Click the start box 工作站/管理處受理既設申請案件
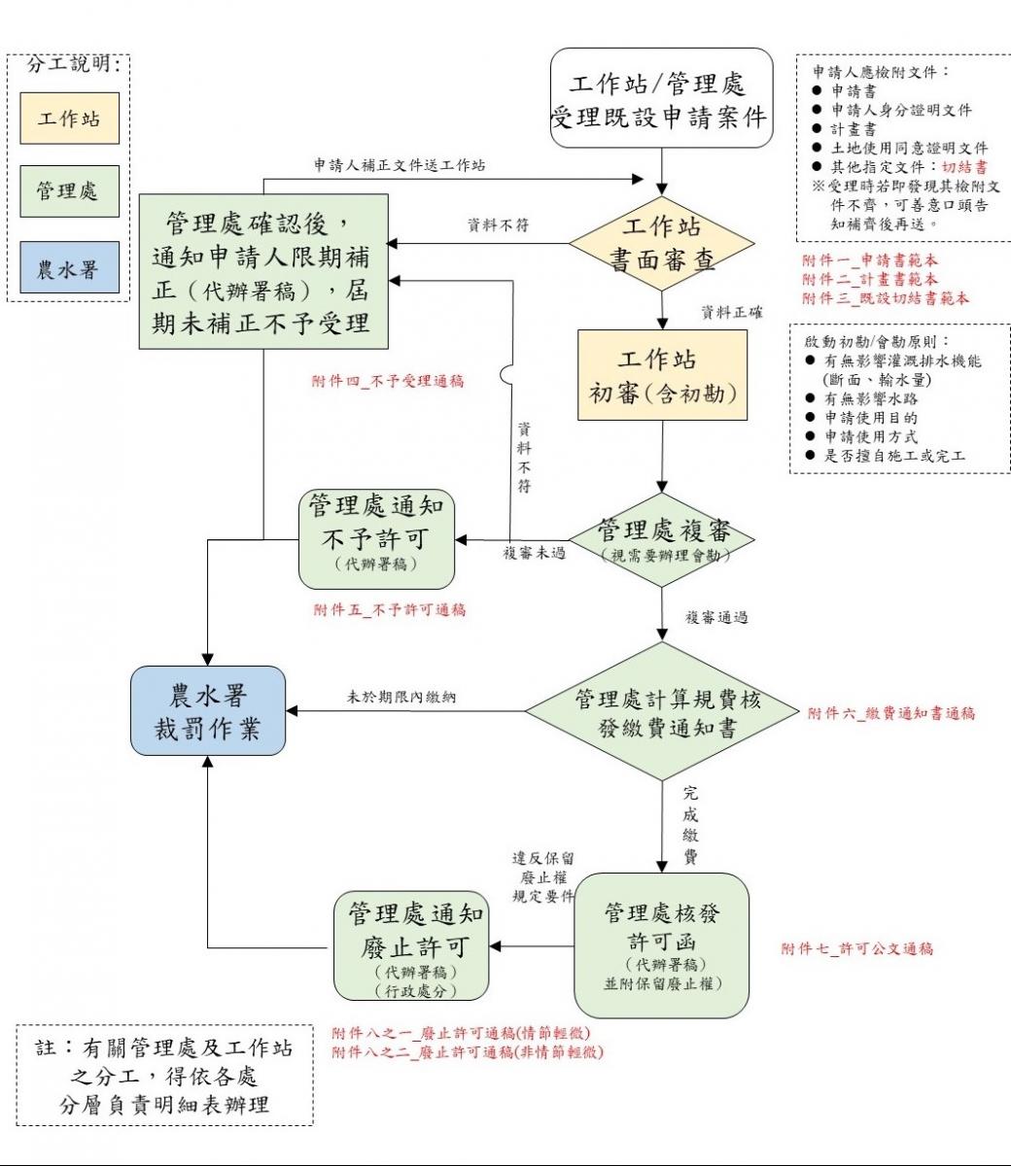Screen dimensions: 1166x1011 (x=661, y=99)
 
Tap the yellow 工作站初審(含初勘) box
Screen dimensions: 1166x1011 (x=662, y=375)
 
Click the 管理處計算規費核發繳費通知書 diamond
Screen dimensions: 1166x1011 (x=662, y=712)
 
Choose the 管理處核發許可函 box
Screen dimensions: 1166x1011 (x=662, y=945)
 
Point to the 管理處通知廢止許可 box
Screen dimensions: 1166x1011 (x=411, y=945)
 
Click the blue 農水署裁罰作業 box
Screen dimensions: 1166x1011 (x=208, y=711)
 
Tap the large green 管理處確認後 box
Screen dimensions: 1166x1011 (x=263, y=271)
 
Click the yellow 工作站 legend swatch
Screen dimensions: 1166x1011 (x=69, y=119)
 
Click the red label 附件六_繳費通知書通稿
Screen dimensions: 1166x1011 (x=890, y=713)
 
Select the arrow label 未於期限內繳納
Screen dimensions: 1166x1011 (x=401, y=697)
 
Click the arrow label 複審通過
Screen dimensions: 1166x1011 (x=716, y=617)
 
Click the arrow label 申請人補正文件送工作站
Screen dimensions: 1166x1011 (x=401, y=165)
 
